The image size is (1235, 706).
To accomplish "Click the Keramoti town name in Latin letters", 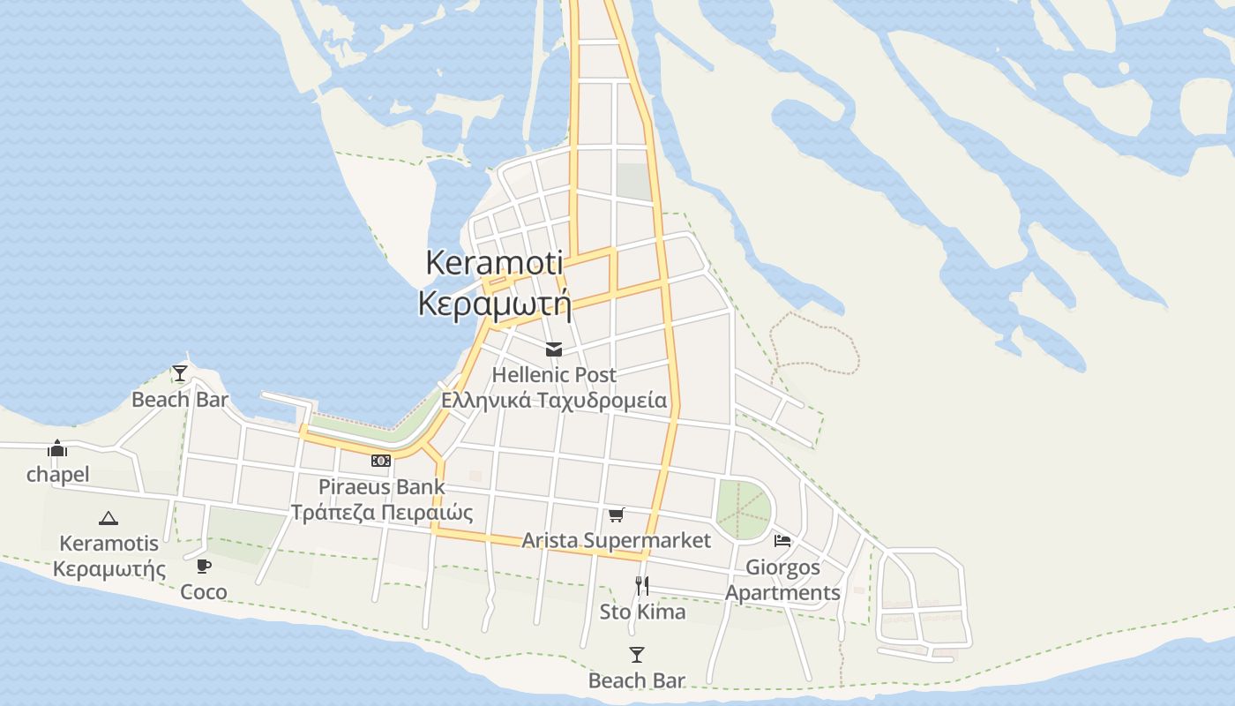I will click(x=494, y=262).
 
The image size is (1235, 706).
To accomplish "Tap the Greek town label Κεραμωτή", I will click(x=494, y=304).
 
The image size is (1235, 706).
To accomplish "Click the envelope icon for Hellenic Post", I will click(x=554, y=349).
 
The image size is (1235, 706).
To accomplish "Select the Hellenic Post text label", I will click(x=554, y=375).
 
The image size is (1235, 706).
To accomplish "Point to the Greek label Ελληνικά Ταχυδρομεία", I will click(x=554, y=400).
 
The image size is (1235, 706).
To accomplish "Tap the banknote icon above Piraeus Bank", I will click(x=381, y=461).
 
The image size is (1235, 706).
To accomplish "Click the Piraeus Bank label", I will click(x=381, y=486).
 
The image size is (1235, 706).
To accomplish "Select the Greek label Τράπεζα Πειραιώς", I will click(x=381, y=512).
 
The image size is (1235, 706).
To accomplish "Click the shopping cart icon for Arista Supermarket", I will click(x=616, y=514).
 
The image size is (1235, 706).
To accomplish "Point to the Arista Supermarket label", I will click(x=616, y=540).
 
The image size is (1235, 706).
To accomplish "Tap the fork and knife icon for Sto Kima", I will click(x=642, y=585).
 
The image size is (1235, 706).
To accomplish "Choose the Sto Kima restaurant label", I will click(x=642, y=612).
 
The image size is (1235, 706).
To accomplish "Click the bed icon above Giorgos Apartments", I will click(x=782, y=541).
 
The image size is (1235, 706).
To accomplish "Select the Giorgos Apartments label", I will click(x=782, y=580).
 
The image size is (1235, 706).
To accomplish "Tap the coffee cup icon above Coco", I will click(x=204, y=566).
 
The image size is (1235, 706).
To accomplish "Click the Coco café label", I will click(x=204, y=591).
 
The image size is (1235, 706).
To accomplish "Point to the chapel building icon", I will click(x=57, y=448).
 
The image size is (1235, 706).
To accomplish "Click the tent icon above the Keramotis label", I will click(x=109, y=518).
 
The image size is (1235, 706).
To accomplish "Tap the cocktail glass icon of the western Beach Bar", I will click(x=180, y=373).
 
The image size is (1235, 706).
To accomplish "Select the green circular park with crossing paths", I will click(x=743, y=509).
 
